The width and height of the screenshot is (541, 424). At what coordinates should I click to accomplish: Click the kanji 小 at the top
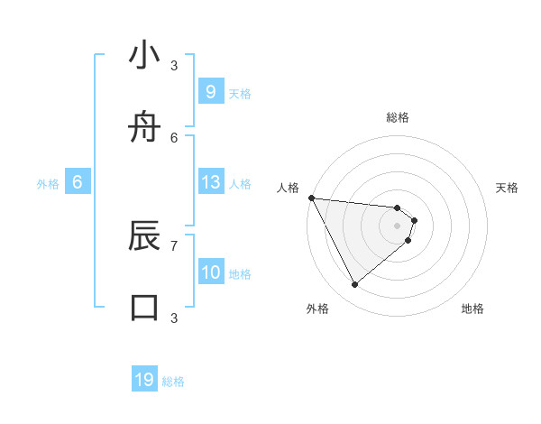tap(144, 56)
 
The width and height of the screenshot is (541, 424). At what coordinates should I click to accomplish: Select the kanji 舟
tap(144, 128)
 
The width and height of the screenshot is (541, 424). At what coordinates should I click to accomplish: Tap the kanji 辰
tap(144, 236)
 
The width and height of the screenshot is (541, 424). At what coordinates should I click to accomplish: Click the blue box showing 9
tap(210, 92)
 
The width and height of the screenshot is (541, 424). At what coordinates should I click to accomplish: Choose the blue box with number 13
tap(210, 182)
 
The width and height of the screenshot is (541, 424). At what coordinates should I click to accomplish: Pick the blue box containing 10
tap(210, 272)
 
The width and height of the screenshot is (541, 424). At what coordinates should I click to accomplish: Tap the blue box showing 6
tap(78, 182)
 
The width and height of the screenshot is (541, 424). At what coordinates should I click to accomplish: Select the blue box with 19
tap(144, 380)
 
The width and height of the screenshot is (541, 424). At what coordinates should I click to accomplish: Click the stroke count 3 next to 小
tap(174, 65)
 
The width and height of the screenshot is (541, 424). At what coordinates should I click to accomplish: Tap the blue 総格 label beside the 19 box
tap(173, 382)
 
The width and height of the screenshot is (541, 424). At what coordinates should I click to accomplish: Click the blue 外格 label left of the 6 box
tap(48, 184)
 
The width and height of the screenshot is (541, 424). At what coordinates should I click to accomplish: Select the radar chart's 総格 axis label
tap(397, 117)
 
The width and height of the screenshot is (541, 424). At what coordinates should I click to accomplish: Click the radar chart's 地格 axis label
tap(472, 309)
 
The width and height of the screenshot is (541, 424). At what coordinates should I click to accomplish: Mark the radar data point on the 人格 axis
tap(310, 198)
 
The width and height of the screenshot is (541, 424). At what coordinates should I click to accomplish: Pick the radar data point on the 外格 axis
tap(354, 284)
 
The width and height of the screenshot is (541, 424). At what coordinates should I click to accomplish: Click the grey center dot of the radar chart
tap(397, 226)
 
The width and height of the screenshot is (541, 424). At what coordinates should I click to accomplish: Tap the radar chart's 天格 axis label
tap(508, 188)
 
